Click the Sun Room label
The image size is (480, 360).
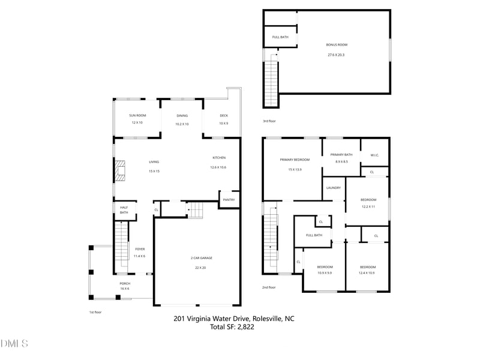click(137, 115)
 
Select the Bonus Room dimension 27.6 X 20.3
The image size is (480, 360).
click(337, 55)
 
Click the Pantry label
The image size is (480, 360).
click(228, 200)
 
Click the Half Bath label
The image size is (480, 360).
click(124, 209)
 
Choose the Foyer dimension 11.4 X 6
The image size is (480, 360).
click(139, 256)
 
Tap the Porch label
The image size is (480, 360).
click(125, 283)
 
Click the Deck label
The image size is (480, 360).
click(223, 115)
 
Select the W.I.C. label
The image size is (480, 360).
click(374, 155)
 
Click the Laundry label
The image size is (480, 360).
click(334, 188)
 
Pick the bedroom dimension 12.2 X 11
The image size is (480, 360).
click(368, 206)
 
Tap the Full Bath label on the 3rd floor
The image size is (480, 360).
click(280, 37)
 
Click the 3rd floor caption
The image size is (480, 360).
click(269, 121)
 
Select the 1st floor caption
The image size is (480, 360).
click(95, 312)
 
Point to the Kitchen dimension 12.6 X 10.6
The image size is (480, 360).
click(218, 167)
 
